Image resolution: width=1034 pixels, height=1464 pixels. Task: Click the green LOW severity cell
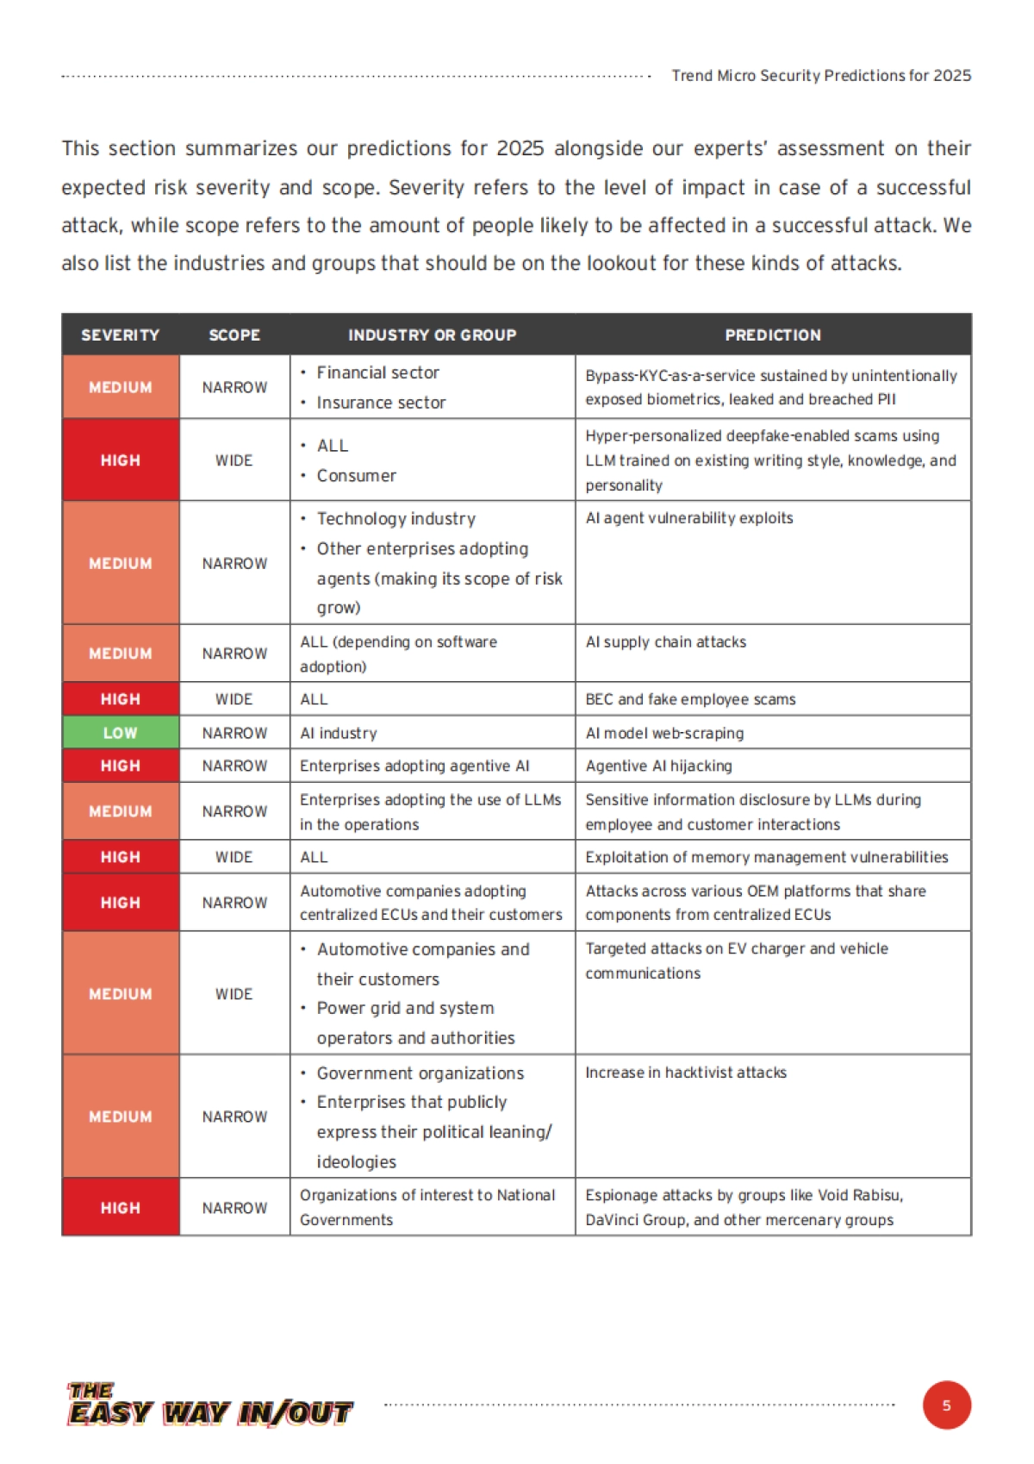(121, 733)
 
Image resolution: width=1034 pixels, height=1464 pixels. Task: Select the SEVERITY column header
(121, 335)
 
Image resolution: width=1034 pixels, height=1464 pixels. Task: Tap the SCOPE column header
(234, 335)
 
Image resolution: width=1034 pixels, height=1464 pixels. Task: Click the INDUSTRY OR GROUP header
(432, 335)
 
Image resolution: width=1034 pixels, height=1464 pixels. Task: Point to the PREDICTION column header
(773, 335)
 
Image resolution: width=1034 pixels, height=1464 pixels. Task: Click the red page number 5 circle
(946, 1405)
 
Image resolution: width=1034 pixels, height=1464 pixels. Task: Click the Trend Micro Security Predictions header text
(821, 76)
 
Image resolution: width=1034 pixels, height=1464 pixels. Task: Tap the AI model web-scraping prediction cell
(664, 733)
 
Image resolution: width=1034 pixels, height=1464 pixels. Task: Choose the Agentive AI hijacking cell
(658, 766)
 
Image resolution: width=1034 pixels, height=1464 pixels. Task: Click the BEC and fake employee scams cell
(690, 699)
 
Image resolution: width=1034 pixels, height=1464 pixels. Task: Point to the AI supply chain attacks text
(665, 642)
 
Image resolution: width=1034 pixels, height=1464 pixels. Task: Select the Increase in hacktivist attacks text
(686, 1073)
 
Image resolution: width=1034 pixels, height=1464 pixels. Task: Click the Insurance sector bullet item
(381, 403)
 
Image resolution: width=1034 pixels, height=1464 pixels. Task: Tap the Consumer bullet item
(356, 476)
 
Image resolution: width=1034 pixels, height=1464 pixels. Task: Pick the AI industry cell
(339, 733)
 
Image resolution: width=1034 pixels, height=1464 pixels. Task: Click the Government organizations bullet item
(420, 1073)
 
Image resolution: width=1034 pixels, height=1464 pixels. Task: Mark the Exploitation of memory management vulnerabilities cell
(766, 857)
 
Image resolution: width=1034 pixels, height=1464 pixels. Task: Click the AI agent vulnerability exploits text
(688, 518)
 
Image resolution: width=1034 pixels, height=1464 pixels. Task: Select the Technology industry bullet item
(396, 519)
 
